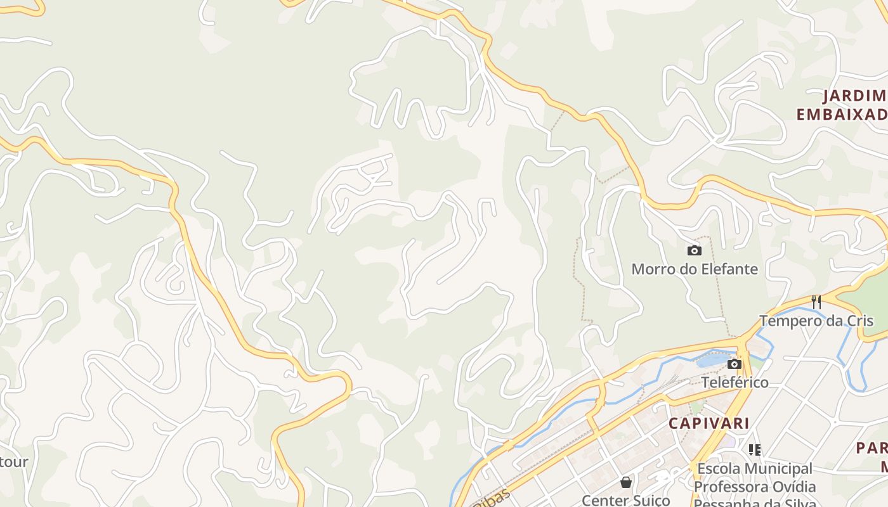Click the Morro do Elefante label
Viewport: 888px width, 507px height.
pyautogui.click(x=695, y=269)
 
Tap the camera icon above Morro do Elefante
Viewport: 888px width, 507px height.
pyautogui.click(x=695, y=250)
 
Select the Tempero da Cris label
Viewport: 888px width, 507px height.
pyautogui.click(x=816, y=321)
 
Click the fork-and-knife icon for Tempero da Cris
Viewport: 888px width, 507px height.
pyautogui.click(x=816, y=302)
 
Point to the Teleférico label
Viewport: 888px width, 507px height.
pyautogui.click(x=735, y=383)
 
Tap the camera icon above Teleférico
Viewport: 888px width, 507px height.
pyautogui.click(x=735, y=364)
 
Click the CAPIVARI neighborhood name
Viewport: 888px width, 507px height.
pyautogui.click(x=709, y=423)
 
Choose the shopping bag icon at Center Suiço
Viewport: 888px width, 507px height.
pyautogui.click(x=626, y=482)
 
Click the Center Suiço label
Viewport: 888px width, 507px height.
pyautogui.click(x=626, y=501)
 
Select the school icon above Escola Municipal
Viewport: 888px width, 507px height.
pyautogui.click(x=755, y=450)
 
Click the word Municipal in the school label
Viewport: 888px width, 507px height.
pyautogui.click(x=781, y=469)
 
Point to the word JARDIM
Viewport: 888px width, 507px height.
pyautogui.click(x=854, y=96)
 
